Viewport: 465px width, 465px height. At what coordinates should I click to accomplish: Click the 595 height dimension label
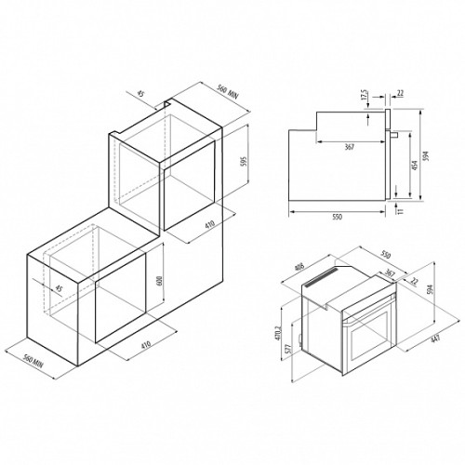pyautogui.click(x=244, y=162)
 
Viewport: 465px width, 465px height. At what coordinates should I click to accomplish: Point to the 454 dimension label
pyautogui.click(x=415, y=165)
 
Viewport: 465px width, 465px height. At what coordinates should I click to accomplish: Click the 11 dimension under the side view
pyautogui.click(x=400, y=211)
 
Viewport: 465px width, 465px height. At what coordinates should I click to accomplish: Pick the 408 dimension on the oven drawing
pyautogui.click(x=300, y=266)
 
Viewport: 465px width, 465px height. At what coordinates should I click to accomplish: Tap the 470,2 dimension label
pyautogui.click(x=277, y=333)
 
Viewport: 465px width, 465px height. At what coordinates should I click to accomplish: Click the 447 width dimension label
pyautogui.click(x=435, y=339)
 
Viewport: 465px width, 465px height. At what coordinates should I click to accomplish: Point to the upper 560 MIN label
pyautogui.click(x=227, y=92)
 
